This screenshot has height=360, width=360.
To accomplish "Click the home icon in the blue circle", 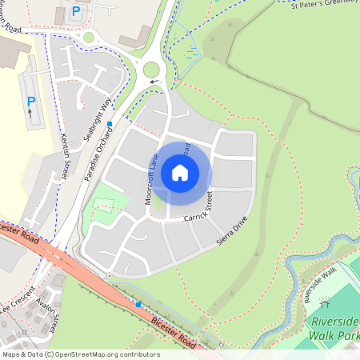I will [x=180, y=173].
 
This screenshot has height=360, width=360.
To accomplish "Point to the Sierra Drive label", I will [x=232, y=230].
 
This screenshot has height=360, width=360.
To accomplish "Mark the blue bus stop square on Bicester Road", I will [x=138, y=304].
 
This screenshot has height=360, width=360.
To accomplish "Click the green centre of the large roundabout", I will [x=151, y=70].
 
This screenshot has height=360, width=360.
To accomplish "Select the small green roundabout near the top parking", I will [x=88, y=37].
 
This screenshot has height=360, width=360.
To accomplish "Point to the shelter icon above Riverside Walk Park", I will [x=325, y=303].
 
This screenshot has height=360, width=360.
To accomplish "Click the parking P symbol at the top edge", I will [x=76, y=11].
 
